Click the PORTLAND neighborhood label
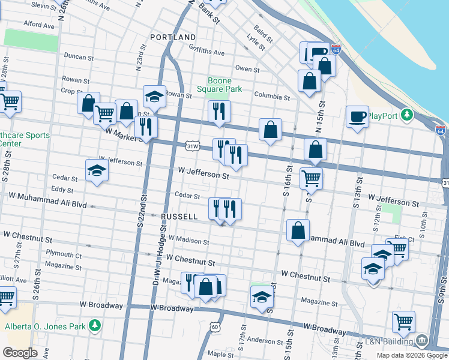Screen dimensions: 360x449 point(173,37)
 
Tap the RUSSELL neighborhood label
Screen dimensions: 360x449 point(179,217)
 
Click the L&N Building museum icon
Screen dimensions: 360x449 point(422,341)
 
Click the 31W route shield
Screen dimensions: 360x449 point(193,146)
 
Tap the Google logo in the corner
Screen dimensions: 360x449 point(20,353)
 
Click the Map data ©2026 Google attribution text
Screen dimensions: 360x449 point(412,355)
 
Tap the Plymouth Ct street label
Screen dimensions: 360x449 point(63,254)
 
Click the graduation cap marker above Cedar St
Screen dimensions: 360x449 point(97,171)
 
